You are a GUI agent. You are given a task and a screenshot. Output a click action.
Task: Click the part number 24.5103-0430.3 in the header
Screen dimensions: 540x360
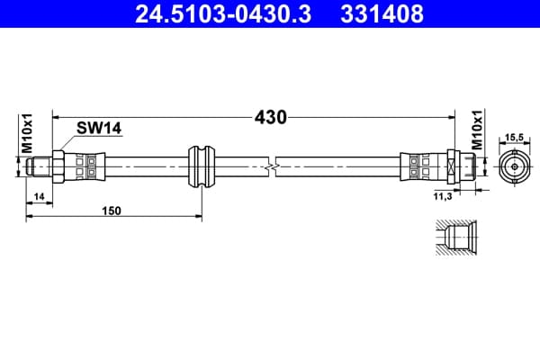click(x=223, y=14)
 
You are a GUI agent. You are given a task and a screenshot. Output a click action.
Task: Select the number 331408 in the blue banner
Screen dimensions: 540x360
click(x=382, y=14)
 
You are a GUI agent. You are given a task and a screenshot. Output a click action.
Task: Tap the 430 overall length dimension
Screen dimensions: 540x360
click(x=270, y=118)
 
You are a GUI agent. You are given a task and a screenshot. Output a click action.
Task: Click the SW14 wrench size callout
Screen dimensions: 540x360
click(x=99, y=128)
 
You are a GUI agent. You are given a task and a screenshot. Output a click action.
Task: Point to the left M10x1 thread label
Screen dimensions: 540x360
click(x=27, y=133)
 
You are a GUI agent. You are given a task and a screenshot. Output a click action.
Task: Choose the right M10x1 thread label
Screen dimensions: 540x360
click(x=477, y=130)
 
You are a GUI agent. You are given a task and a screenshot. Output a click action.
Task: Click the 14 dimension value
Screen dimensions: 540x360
click(x=40, y=197)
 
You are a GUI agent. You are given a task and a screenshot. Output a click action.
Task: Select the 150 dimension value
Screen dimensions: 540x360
click(x=112, y=210)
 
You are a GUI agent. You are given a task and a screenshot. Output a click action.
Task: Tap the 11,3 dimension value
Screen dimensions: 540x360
click(x=443, y=197)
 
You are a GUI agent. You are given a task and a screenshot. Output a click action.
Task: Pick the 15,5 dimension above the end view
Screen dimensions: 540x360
click(x=514, y=138)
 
